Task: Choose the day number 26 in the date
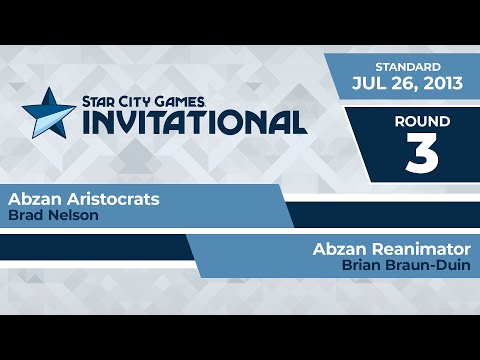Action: coord(402,84)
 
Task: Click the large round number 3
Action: coord(420,153)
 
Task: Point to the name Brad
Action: coord(23,214)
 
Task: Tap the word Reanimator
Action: coord(421,249)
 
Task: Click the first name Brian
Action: coord(361,265)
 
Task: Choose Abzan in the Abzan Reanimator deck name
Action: coord(340,249)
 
